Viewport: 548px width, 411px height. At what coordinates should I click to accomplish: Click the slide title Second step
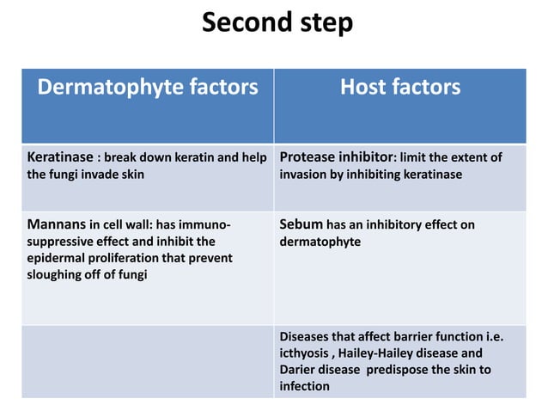[x=277, y=22]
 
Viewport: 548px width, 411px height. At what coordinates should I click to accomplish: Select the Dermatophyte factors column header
[x=147, y=87]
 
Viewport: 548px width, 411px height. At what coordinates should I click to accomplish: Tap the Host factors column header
[x=400, y=87]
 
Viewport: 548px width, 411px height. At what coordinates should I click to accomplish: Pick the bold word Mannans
[x=56, y=225]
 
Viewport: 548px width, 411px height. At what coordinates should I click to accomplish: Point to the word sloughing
[x=57, y=274]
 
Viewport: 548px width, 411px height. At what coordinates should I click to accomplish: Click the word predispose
[x=400, y=370]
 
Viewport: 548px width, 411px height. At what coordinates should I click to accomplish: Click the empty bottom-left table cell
[x=148, y=361]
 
